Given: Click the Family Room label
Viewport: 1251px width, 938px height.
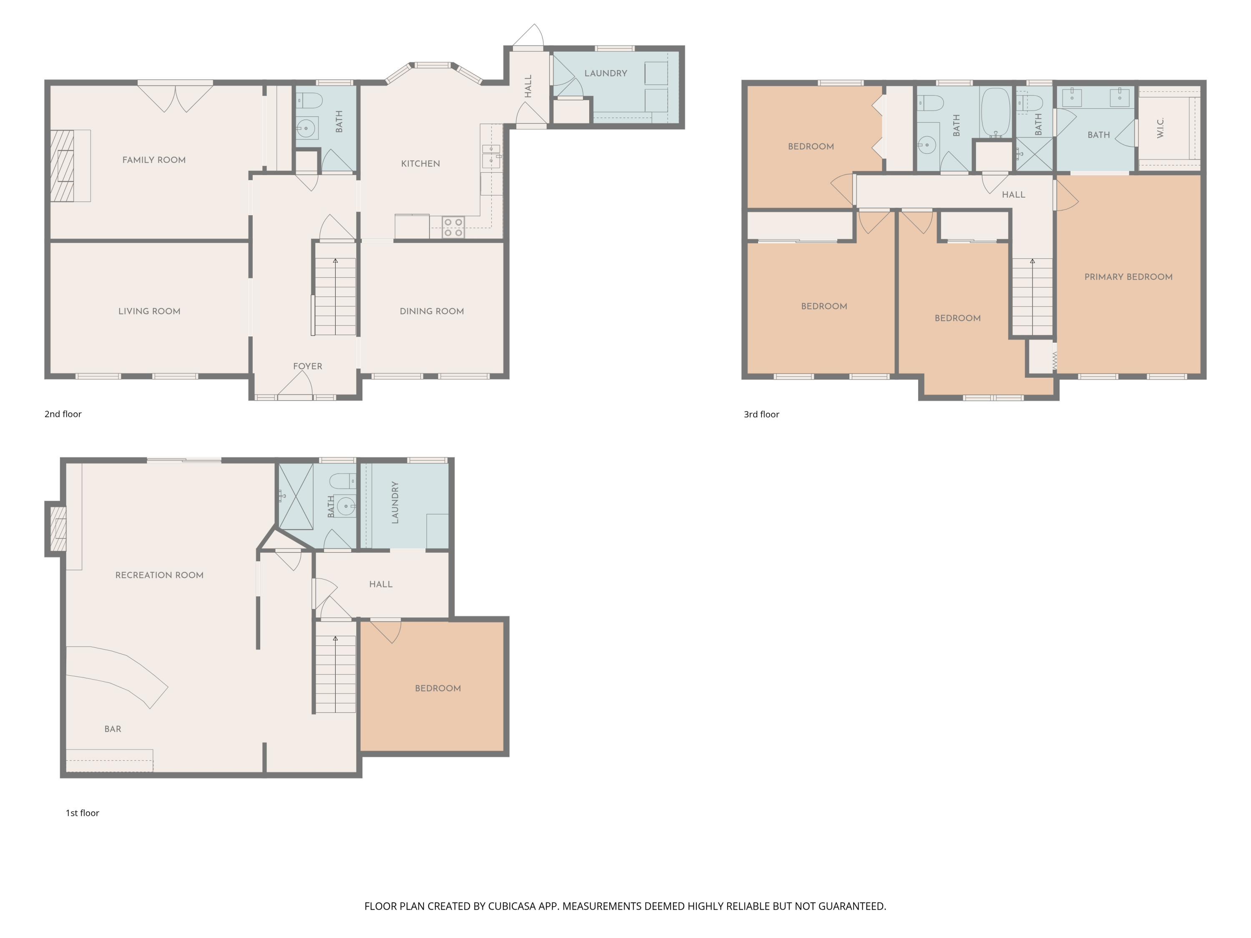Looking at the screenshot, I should (x=154, y=160).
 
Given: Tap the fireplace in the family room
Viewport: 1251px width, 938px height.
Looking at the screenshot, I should (x=62, y=166).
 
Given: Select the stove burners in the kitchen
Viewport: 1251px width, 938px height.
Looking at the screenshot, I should (x=453, y=227).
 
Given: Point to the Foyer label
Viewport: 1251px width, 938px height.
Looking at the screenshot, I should (x=308, y=366).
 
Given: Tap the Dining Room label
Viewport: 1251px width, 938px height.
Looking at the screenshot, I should (x=432, y=311).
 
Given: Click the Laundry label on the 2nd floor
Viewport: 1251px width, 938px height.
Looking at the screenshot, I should (x=606, y=73).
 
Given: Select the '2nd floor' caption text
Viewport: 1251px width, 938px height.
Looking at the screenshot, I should (x=63, y=414).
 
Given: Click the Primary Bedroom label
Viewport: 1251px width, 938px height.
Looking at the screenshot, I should (x=1128, y=277).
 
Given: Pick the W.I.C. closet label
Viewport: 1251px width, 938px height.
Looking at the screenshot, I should (x=1160, y=128).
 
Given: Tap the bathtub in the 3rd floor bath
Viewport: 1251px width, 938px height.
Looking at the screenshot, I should (x=995, y=112).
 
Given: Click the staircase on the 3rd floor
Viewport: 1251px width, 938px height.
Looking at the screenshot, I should (x=1032, y=297).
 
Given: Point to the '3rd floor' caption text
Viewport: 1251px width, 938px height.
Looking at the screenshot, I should (x=761, y=414).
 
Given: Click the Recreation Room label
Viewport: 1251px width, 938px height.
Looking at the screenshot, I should (x=159, y=575).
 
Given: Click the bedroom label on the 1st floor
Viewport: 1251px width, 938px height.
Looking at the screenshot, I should (x=438, y=689).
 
